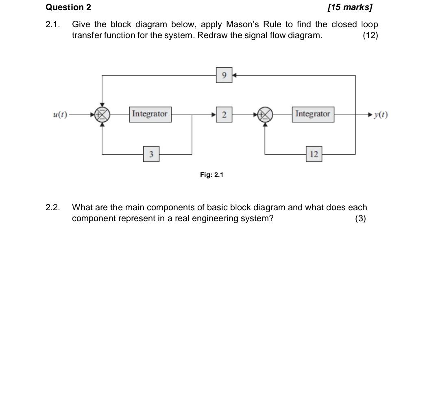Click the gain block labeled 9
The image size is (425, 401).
[224, 75]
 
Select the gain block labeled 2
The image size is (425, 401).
[224, 115]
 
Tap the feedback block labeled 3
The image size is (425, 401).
[151, 154]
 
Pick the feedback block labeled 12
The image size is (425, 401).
[314, 154]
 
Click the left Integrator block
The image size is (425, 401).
[150, 114]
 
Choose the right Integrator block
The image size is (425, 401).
[313, 114]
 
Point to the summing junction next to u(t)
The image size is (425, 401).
[102, 115]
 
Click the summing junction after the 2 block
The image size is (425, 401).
[265, 115]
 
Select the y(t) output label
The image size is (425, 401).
[381, 115]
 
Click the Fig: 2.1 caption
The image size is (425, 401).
[211, 175]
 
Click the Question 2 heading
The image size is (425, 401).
[68, 7]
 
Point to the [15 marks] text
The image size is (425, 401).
[350, 7]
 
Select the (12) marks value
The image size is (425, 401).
[370, 35]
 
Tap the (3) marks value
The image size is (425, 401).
[360, 218]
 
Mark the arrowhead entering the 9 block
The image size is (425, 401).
[234, 75]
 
